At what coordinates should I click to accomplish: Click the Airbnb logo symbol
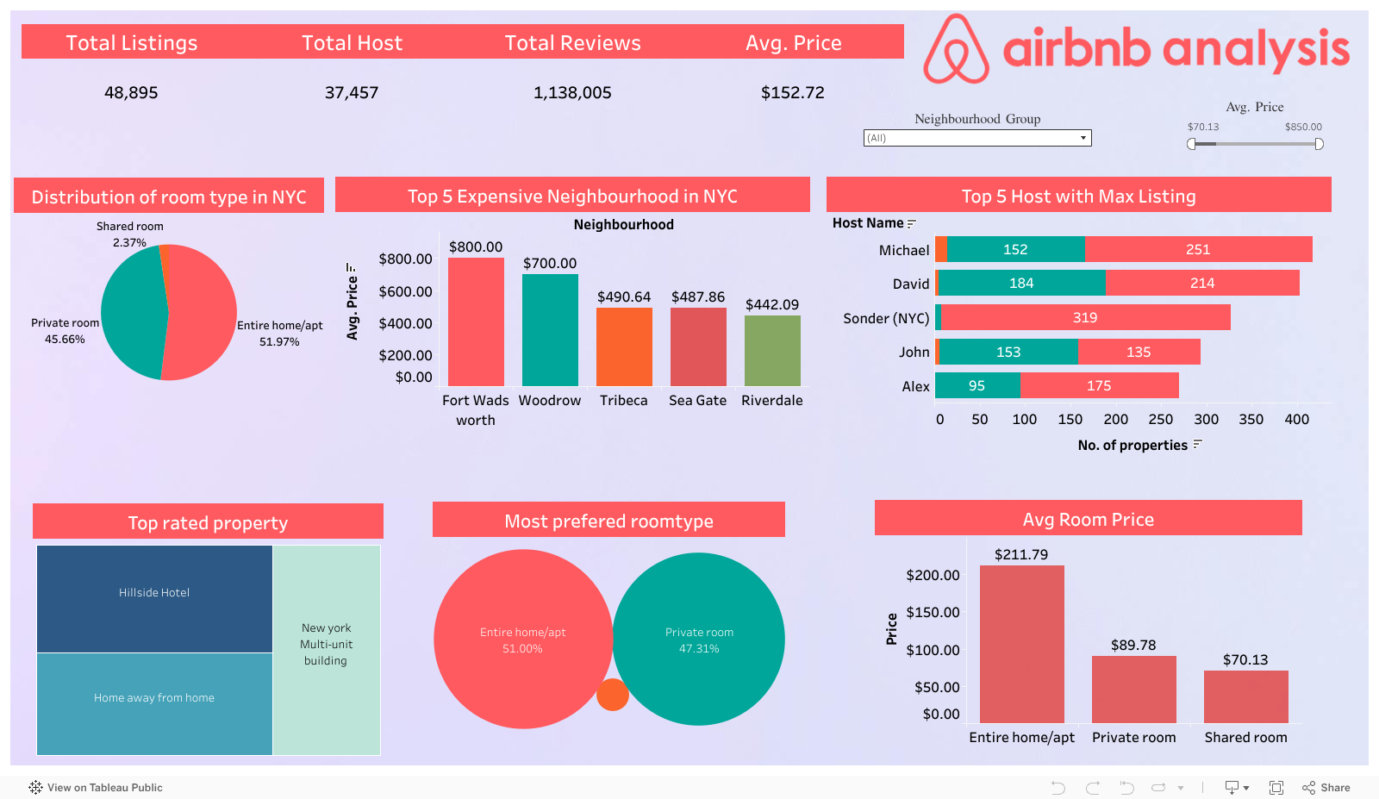coord(956,50)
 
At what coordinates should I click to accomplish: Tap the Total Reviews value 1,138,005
coord(572,93)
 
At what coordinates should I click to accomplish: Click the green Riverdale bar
coord(772,351)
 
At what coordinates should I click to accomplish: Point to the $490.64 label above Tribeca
coord(624,297)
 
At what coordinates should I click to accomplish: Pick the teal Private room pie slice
coord(132,313)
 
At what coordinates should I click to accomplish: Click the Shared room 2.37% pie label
coord(129,234)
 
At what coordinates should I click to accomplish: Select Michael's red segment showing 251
coord(1198,250)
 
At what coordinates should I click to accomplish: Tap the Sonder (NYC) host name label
coord(886,319)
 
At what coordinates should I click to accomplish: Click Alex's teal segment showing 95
coord(977,386)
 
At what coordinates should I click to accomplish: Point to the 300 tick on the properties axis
coord(1206,420)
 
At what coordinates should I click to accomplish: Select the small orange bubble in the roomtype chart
coord(613,695)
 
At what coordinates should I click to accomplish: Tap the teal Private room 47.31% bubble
coord(699,640)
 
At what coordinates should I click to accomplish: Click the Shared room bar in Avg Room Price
coord(1245,696)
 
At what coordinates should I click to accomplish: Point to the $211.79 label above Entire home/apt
coord(1021,555)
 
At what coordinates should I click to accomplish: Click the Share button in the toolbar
coord(1326,788)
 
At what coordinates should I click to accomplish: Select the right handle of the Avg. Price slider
coord(1319,144)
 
